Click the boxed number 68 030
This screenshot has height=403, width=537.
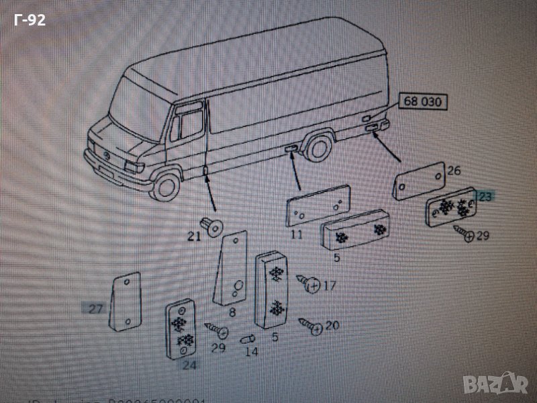pyautogui.click(x=423, y=102)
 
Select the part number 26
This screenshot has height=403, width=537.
pyautogui.click(x=454, y=171)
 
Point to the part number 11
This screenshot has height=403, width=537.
pyautogui.click(x=296, y=234)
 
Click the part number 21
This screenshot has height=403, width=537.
pyautogui.click(x=194, y=236)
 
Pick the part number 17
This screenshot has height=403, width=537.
pyautogui.click(x=329, y=285)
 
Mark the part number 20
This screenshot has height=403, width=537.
pyautogui.click(x=332, y=326)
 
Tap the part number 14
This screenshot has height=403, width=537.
pyautogui.click(x=250, y=351)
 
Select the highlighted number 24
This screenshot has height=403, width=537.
pyautogui.click(x=189, y=366)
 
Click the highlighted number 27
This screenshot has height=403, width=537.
pyautogui.click(x=95, y=309)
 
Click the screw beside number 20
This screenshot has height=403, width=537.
pyautogui.click(x=309, y=324)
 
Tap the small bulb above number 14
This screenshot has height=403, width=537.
pyautogui.click(x=248, y=335)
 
